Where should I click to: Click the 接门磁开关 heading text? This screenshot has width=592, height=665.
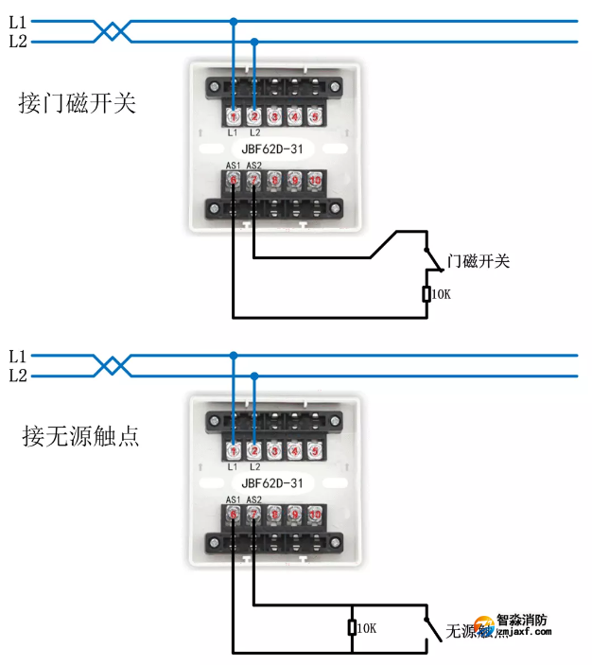pyautogui.click(x=77, y=103)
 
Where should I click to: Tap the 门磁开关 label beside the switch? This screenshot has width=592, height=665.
pyautogui.click(x=478, y=261)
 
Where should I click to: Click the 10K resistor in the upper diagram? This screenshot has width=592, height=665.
pyautogui.click(x=427, y=294)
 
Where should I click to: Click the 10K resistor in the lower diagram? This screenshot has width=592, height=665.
pyautogui.click(x=352, y=627)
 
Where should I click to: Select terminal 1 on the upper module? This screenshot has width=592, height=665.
pyautogui.click(x=233, y=116)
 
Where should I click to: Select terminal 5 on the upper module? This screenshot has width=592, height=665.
pyautogui.click(x=315, y=116)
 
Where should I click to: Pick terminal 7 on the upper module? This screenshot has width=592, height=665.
pyautogui.click(x=253, y=179)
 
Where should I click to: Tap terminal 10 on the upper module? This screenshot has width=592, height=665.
pyautogui.click(x=315, y=179)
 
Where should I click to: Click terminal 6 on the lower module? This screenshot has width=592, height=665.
pyautogui.click(x=233, y=514)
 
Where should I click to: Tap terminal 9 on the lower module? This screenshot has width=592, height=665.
pyautogui.click(x=294, y=514)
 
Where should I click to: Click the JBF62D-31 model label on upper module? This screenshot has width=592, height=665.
pyautogui.click(x=272, y=149)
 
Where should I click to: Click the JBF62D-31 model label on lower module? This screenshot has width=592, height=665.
pyautogui.click(x=272, y=482)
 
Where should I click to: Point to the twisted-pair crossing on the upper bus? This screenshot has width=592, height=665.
pyautogui.click(x=113, y=31)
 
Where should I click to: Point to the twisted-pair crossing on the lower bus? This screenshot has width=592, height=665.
pyautogui.click(x=113, y=365)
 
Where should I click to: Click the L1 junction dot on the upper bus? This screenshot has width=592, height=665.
pyautogui.click(x=234, y=21)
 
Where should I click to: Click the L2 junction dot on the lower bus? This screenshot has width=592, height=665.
pyautogui.click(x=253, y=376)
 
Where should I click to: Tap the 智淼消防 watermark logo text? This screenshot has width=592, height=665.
pyautogui.click(x=521, y=621)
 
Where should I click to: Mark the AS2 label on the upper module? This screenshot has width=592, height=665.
pyautogui.click(x=253, y=166)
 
